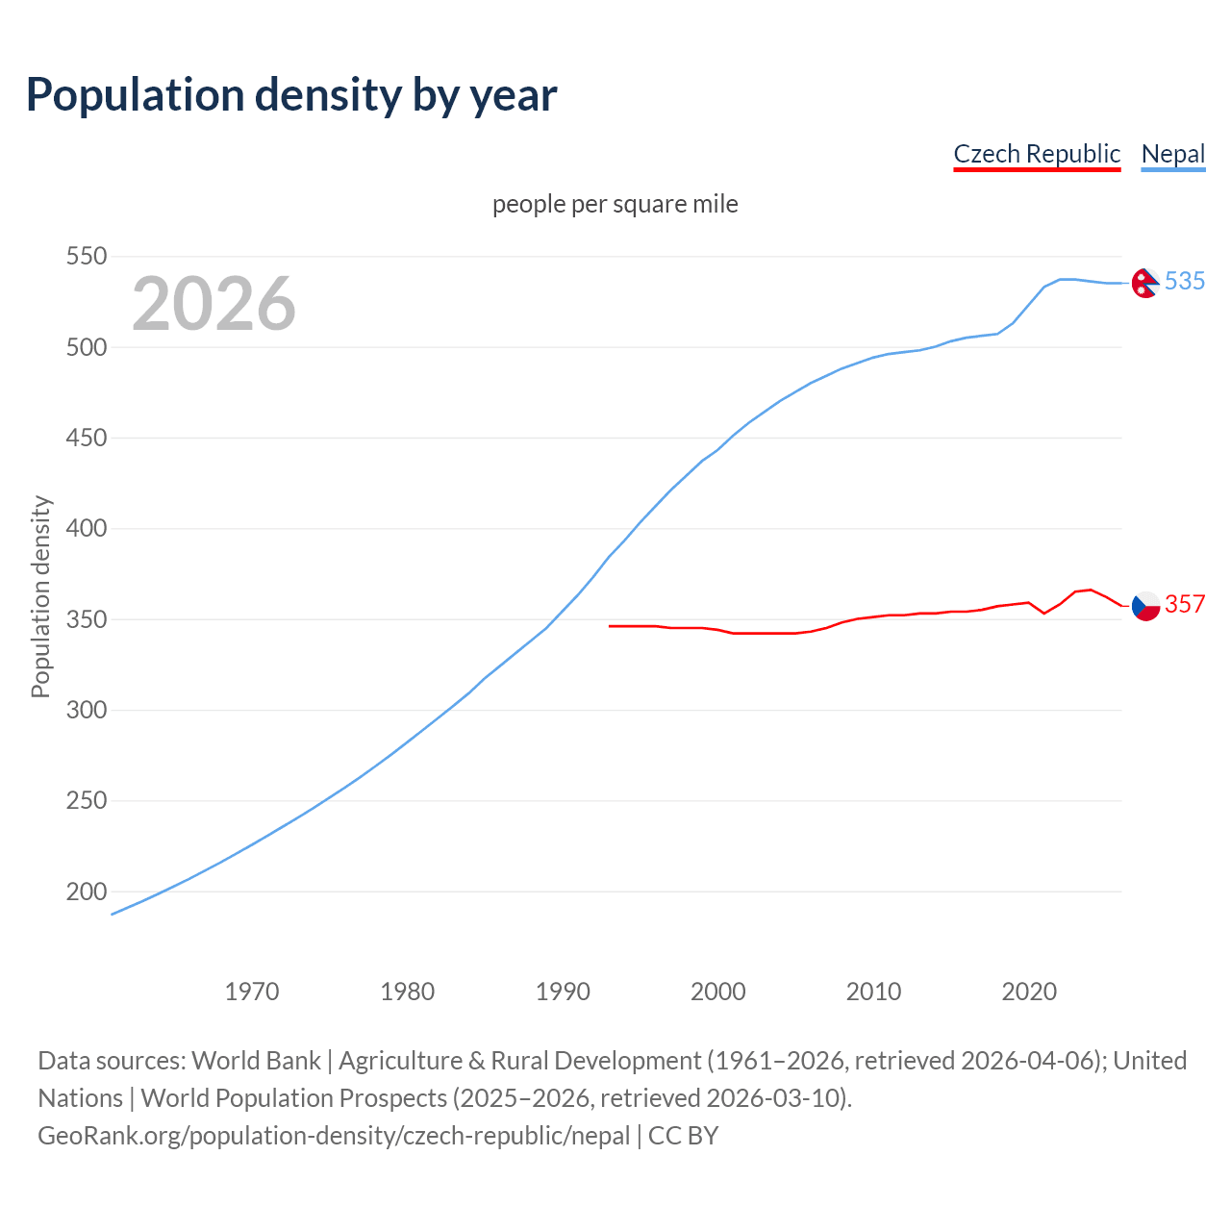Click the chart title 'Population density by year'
pyautogui.click(x=291, y=95)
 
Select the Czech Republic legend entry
pyautogui.click(x=1036, y=154)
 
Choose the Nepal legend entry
pyautogui.click(x=1172, y=154)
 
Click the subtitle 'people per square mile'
pyautogui.click(x=615, y=205)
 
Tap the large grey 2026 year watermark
pyautogui.click(x=214, y=304)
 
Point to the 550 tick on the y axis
pyautogui.click(x=86, y=257)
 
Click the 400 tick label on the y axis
pyautogui.click(x=86, y=529)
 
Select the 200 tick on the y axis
pyautogui.click(x=86, y=892)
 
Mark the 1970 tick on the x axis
pyautogui.click(x=252, y=992)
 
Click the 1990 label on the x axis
pyautogui.click(x=563, y=992)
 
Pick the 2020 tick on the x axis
pyautogui.click(x=1029, y=992)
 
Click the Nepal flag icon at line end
pyautogui.click(x=1144, y=283)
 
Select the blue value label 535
pyautogui.click(x=1185, y=281)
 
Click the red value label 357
pyautogui.click(x=1185, y=604)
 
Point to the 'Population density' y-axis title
pyautogui.click(x=40, y=596)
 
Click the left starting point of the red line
pyautogui.click(x=610, y=626)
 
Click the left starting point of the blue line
pyautogui.click(x=113, y=914)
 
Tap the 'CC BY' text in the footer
pyautogui.click(x=683, y=1136)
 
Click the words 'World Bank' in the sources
pyautogui.click(x=256, y=1061)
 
